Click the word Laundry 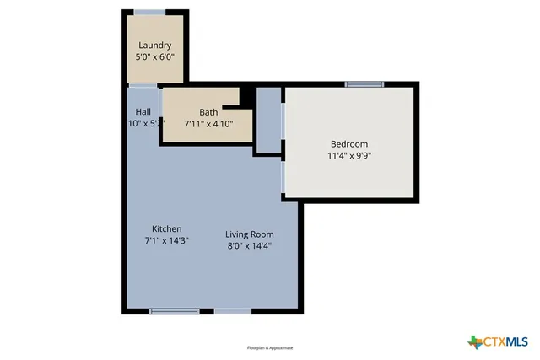pos(154,46)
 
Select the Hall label pos(143,111)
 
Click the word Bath pos(208,112)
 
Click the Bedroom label pos(348,144)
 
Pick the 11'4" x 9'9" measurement pos(348,156)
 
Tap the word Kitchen pos(166,229)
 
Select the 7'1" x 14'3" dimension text pos(166,241)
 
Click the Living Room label pos(250,234)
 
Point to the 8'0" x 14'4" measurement pos(250,246)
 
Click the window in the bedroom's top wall pos(364,83)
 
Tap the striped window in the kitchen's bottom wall pos(174,311)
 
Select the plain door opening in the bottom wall pos(232,311)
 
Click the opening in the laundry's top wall pos(149,12)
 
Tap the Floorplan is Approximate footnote pos(270,347)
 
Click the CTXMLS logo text pos(505,341)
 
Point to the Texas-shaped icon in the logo pos(474,341)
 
